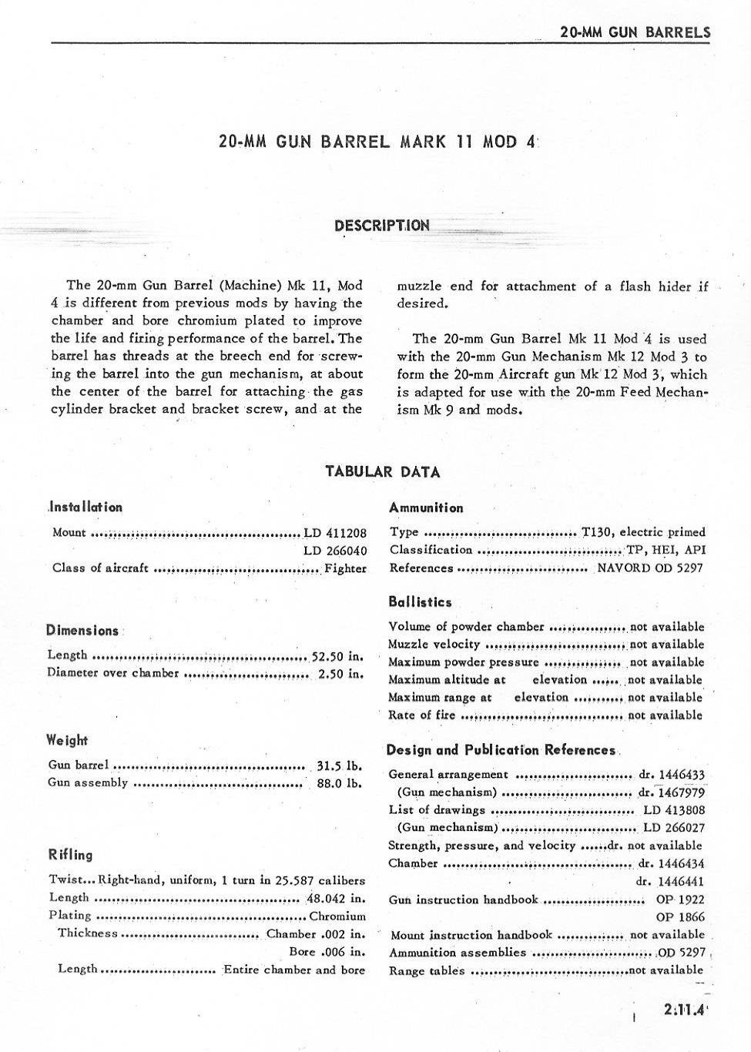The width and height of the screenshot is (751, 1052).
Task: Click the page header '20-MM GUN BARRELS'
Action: tap(635, 32)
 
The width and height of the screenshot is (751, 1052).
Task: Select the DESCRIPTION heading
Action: tap(382, 226)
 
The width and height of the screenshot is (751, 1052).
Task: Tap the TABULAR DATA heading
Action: tap(383, 472)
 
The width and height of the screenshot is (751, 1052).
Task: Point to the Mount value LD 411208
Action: tap(335, 532)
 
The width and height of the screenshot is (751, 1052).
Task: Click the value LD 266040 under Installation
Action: tap(335, 551)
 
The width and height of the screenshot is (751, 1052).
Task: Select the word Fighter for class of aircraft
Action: tap(346, 568)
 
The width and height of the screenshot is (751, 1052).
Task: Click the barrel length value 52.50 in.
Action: tap(337, 656)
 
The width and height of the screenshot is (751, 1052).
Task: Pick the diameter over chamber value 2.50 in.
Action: tap(340, 674)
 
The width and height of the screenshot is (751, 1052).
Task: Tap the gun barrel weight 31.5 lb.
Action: tap(340, 766)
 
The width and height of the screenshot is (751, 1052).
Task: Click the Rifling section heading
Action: tap(70, 855)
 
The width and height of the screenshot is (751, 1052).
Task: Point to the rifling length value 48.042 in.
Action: tap(336, 898)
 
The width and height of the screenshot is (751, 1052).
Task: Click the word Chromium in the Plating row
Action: tap(337, 916)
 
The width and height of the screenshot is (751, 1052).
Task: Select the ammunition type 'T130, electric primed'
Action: tap(643, 532)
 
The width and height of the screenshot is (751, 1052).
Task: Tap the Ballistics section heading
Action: tap(420, 602)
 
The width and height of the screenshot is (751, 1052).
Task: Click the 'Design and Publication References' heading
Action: tap(501, 750)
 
